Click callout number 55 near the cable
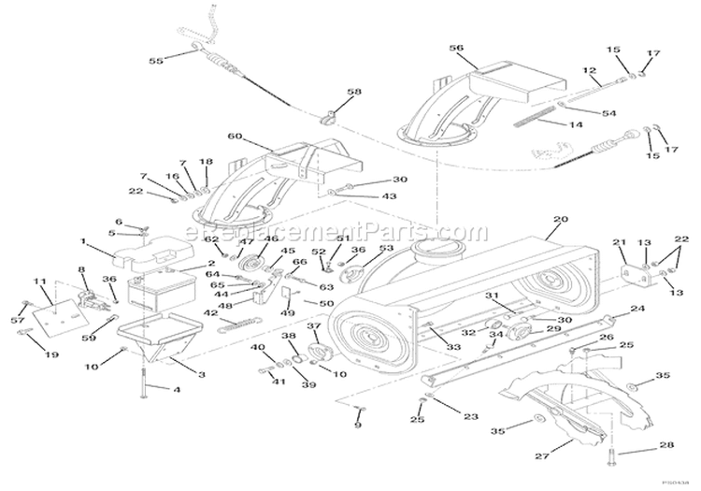click(156, 61)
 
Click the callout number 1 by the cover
click(84, 241)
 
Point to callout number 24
click(637, 308)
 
